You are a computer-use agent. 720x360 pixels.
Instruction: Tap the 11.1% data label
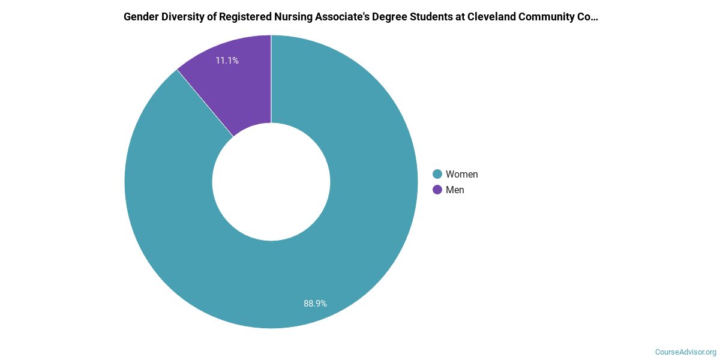point(227,61)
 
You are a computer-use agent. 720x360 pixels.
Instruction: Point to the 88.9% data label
point(315,304)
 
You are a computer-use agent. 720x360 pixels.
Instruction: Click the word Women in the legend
point(461,174)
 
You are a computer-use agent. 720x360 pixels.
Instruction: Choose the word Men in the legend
point(455,190)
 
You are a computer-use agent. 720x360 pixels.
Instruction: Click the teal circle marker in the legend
point(437,174)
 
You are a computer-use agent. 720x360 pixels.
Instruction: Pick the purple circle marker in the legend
point(437,190)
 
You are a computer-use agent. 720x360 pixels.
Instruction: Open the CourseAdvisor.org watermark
point(685,352)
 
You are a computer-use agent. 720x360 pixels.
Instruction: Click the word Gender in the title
point(140,17)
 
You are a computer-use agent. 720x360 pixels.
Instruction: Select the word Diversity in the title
point(182,17)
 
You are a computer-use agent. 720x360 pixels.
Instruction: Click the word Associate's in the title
point(337,17)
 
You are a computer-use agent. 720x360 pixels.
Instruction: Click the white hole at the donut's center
point(271,182)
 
